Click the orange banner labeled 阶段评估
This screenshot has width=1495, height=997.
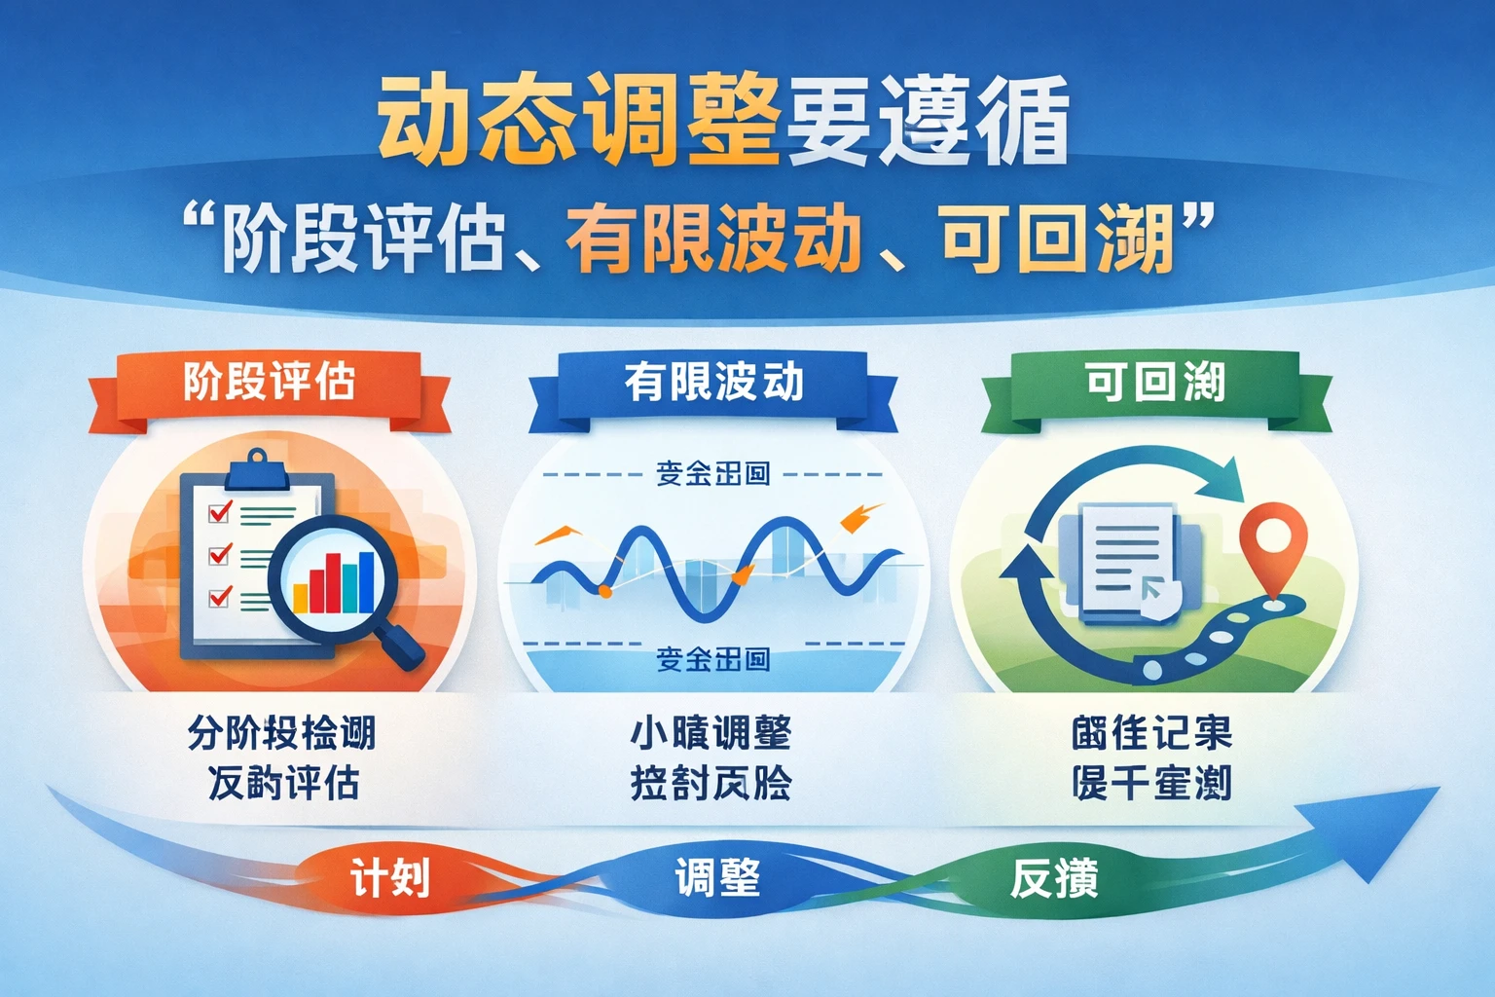[x=270, y=382]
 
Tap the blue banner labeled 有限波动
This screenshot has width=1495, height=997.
[x=713, y=382]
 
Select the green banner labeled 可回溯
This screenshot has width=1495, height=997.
[x=1155, y=382]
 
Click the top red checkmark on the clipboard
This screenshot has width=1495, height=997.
[x=220, y=511]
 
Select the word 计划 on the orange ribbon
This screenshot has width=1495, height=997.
[x=390, y=879]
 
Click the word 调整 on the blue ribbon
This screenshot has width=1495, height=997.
[x=717, y=878]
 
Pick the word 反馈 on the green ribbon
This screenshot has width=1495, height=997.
[x=1054, y=878]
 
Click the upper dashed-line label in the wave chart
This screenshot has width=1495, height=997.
[x=713, y=474]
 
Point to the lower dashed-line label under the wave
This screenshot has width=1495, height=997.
[x=713, y=659]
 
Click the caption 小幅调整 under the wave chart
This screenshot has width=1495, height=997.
[x=711, y=733]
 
